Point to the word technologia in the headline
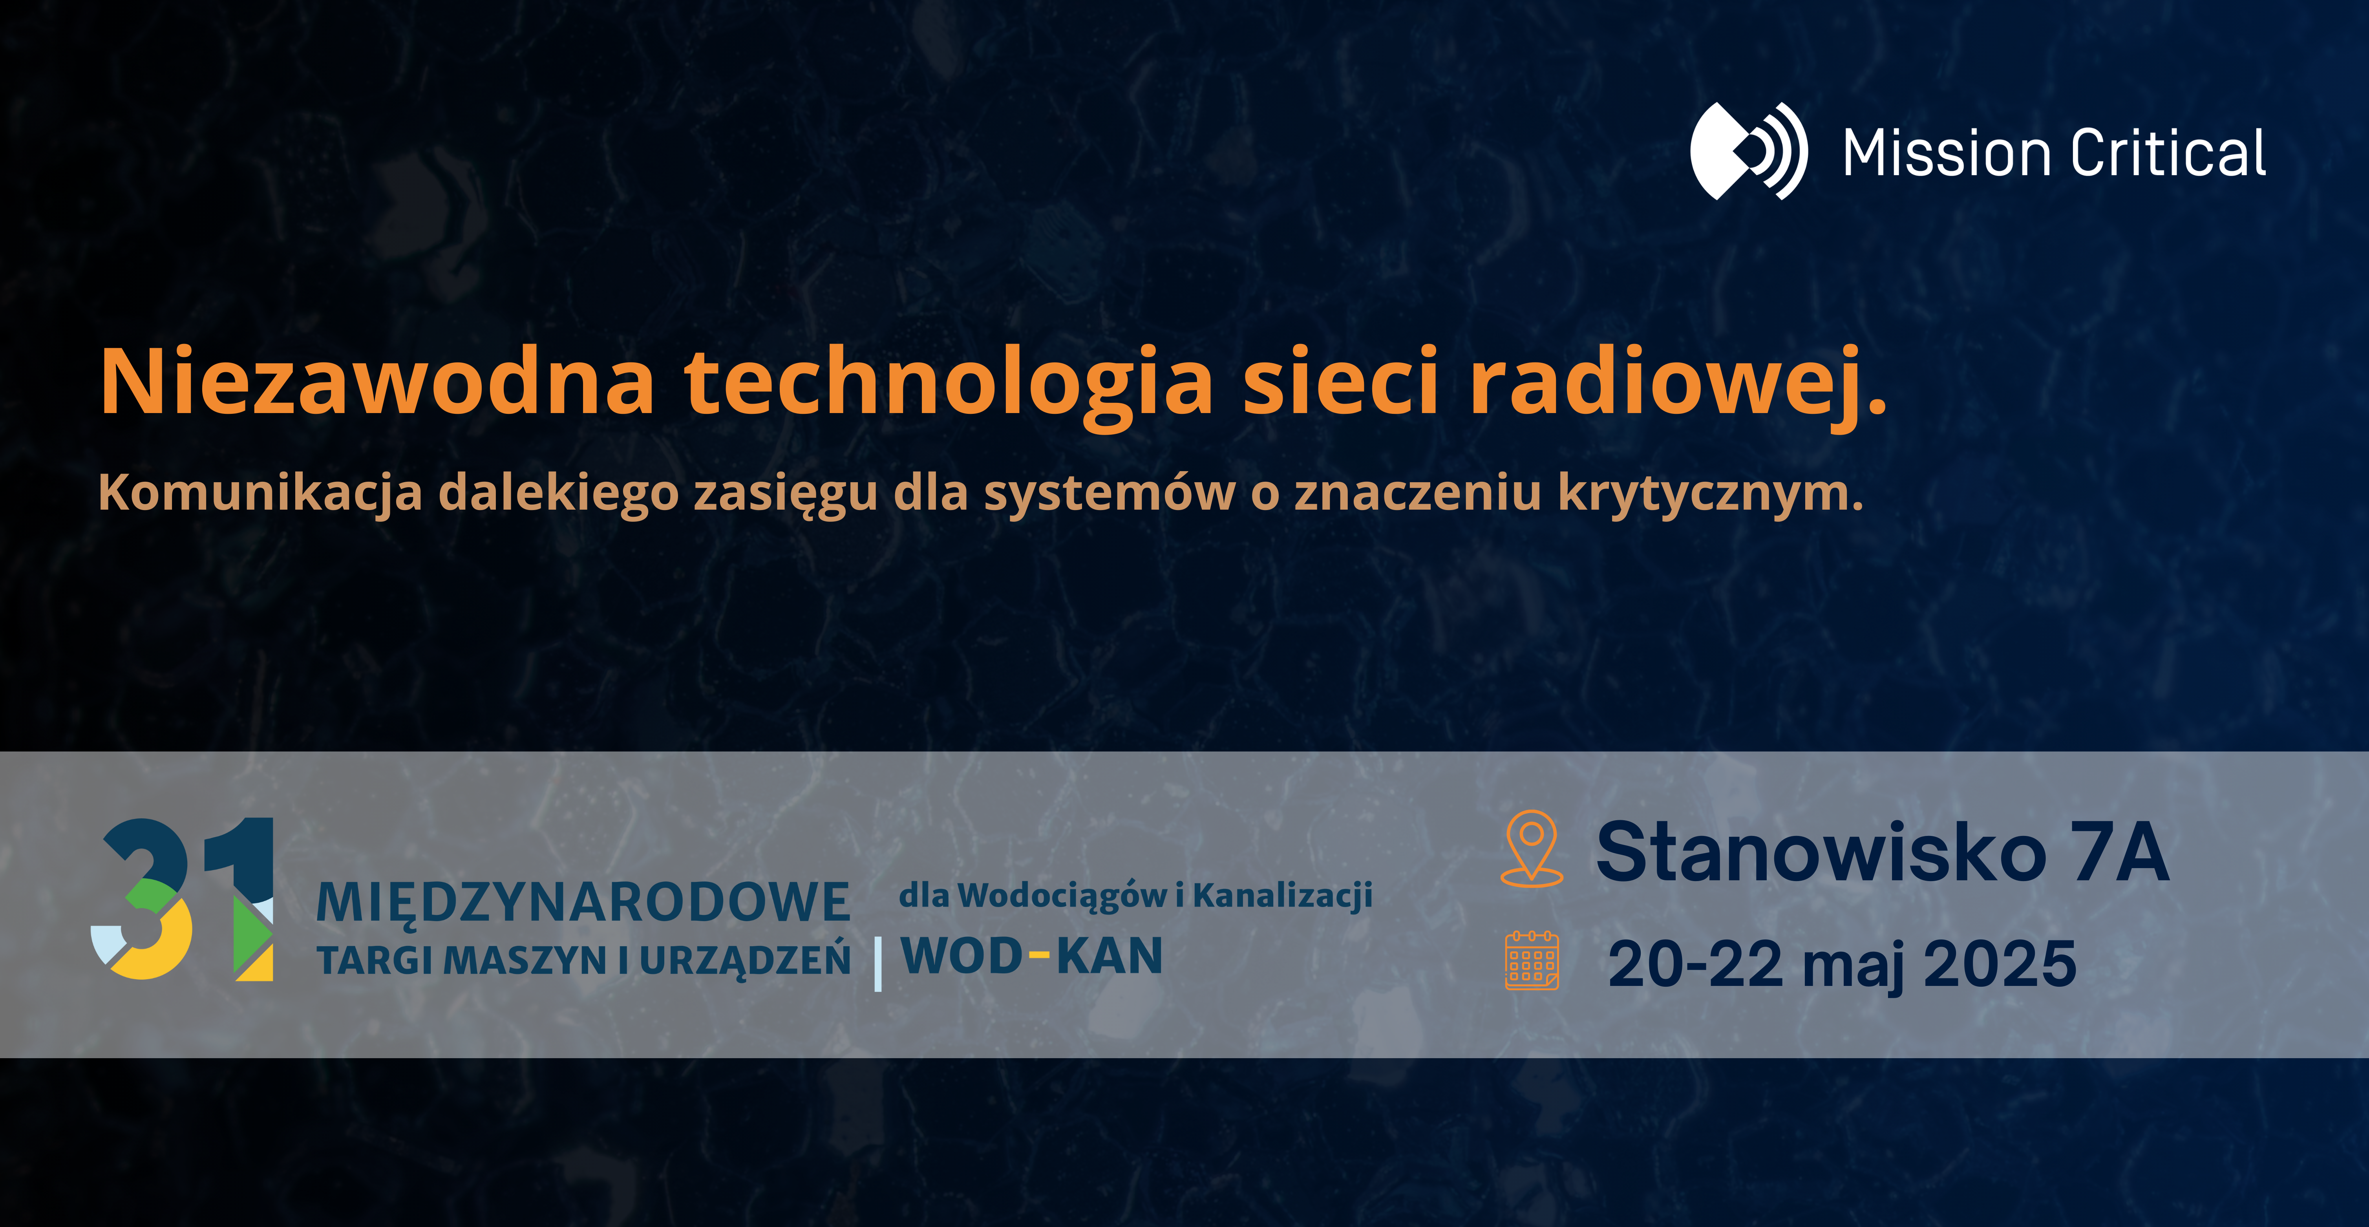[949, 386]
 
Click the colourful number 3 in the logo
[143, 899]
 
